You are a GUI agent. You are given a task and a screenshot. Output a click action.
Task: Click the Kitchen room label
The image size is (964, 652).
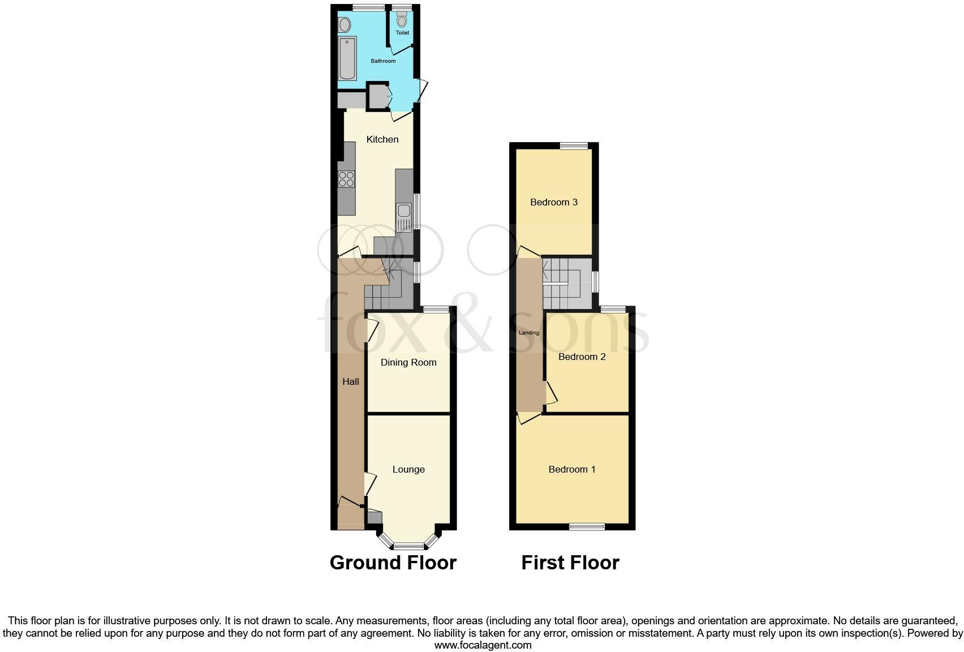(382, 139)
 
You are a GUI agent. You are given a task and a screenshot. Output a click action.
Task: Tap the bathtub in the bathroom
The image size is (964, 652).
(347, 58)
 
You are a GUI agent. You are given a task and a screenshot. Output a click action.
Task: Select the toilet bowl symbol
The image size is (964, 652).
(402, 20)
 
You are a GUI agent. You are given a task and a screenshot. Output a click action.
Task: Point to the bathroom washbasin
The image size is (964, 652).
(344, 25)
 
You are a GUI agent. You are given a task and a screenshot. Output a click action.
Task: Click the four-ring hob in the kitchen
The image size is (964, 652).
(346, 179)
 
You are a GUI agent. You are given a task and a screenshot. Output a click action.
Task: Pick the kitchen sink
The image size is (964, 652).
(404, 217)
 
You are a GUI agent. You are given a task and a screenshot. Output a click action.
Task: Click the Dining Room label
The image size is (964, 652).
(408, 362)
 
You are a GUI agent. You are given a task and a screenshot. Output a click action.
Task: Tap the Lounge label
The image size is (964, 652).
(408, 469)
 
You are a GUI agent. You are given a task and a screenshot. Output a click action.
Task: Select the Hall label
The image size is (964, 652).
(351, 381)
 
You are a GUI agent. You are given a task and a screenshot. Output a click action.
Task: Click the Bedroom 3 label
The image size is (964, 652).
(554, 202)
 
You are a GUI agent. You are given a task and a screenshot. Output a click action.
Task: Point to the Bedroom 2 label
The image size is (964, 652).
(582, 357)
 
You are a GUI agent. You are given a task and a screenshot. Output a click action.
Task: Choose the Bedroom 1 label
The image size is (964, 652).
(572, 469)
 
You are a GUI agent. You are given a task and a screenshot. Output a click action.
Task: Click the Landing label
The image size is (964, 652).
(529, 333)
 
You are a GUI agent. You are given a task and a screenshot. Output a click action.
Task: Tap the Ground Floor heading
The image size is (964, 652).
(393, 563)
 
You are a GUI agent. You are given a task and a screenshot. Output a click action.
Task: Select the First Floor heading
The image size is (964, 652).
(570, 563)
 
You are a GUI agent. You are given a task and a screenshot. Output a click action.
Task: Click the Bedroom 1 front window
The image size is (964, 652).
(587, 527)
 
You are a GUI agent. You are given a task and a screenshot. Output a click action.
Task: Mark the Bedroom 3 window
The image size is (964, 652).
(575, 145)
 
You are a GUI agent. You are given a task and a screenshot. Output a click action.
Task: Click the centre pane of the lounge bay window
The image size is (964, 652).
(408, 546)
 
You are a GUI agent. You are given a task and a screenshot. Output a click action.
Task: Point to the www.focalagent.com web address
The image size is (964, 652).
(483, 645)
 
